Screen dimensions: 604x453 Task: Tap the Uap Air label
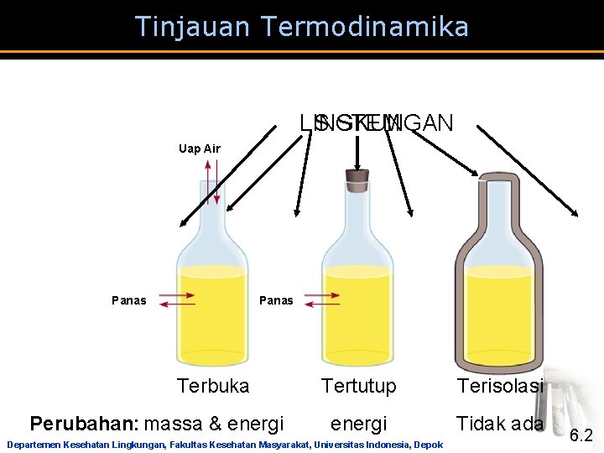(x=200, y=148)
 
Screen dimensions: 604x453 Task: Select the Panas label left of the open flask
(x=128, y=300)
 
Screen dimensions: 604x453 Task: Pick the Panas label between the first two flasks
(x=277, y=300)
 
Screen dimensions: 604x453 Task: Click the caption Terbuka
(x=213, y=386)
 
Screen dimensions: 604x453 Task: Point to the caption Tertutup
(x=359, y=386)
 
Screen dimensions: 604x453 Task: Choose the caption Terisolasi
(x=500, y=386)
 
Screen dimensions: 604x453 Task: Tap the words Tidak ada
(x=500, y=424)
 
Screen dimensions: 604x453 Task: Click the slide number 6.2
(x=581, y=435)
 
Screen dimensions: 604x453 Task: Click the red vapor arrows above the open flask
(x=213, y=182)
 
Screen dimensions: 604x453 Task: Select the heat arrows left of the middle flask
(x=323, y=299)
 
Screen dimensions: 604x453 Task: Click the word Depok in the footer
(x=427, y=445)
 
